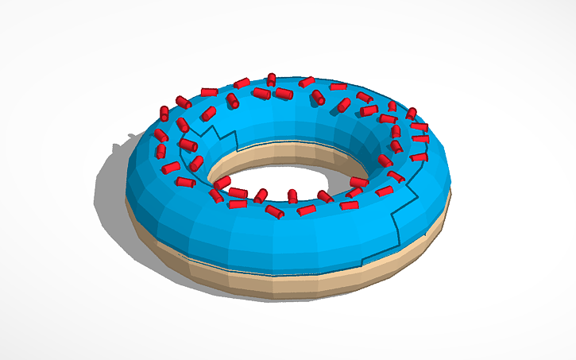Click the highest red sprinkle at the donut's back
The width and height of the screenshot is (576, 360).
point(271,79)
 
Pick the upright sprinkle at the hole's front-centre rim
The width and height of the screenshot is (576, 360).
point(292,195)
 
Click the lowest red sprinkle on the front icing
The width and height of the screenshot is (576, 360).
point(274,211)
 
